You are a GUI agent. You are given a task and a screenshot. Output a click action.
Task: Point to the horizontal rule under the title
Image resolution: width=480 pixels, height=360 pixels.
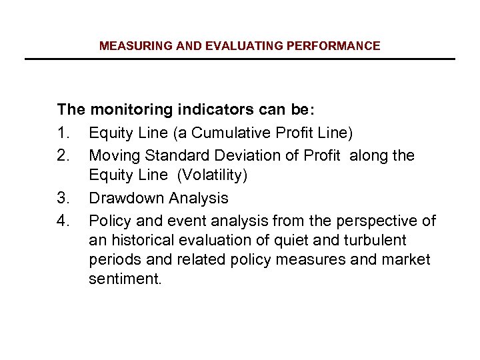239,59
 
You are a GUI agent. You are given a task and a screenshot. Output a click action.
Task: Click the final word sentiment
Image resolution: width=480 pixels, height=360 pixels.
125,279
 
